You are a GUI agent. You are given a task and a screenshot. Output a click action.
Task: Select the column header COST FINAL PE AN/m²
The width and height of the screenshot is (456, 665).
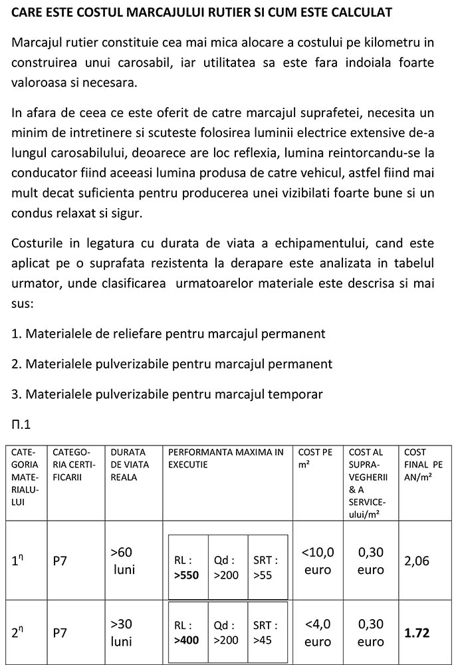pyautogui.click(x=423, y=464)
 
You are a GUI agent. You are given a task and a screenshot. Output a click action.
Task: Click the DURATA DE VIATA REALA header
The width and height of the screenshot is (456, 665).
pyautogui.click(x=130, y=464)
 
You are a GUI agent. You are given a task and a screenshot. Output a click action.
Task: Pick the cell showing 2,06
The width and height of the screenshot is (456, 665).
pyautogui.click(x=417, y=561)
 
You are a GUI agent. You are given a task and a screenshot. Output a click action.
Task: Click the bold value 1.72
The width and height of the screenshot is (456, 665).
pyautogui.click(x=417, y=632)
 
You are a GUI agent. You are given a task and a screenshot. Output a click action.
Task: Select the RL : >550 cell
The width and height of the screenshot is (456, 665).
pyautogui.click(x=187, y=567)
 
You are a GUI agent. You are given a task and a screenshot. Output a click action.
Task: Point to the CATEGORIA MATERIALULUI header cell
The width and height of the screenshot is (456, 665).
pyautogui.click(x=25, y=476)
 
